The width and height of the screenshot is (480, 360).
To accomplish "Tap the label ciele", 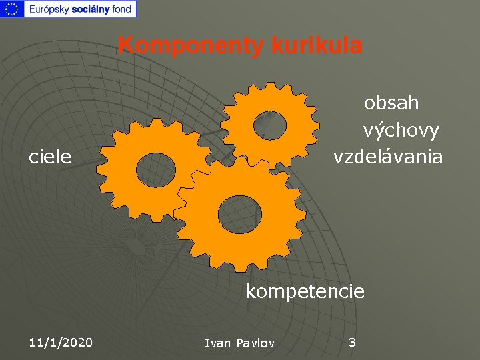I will click(x=50, y=157).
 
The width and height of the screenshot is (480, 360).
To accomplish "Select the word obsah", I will click(x=391, y=103).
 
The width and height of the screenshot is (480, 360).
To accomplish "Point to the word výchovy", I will click(x=401, y=130).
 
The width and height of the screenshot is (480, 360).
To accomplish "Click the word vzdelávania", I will click(x=387, y=157).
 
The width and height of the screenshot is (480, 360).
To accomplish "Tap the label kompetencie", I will click(x=305, y=291).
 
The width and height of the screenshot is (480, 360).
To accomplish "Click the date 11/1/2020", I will click(x=61, y=343).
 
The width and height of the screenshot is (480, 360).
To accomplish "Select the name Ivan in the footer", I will click(x=217, y=343).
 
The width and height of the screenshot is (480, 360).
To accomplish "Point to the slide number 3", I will click(x=353, y=343).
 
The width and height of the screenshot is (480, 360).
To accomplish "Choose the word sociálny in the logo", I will click(x=91, y=9).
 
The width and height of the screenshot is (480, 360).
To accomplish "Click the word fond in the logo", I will click(x=122, y=9).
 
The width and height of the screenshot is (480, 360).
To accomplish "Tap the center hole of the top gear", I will click(x=270, y=125).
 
